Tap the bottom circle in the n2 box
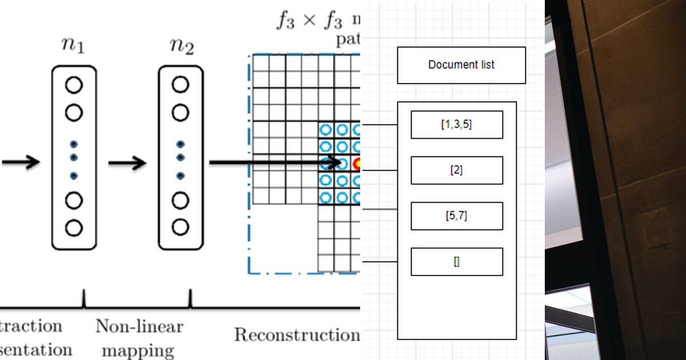tap(180, 227)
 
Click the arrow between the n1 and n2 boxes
tap(127, 163)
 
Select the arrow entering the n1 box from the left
tap(21, 162)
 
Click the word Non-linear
tap(139, 326)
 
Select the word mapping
tap(139, 349)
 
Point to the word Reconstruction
tap(296, 334)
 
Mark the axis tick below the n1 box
tap(84, 299)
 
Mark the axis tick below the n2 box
tap(190, 299)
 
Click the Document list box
tap(461, 65)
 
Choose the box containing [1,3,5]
tap(457, 125)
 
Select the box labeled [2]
tap(457, 170)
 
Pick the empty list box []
tap(457, 262)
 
